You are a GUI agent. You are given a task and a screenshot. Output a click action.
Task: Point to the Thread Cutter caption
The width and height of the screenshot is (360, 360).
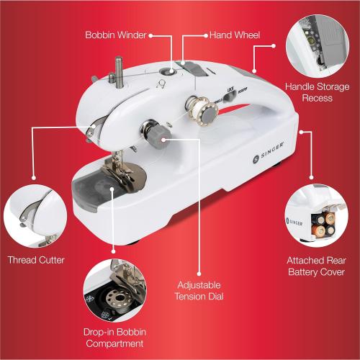pyautogui.click(x=36, y=260)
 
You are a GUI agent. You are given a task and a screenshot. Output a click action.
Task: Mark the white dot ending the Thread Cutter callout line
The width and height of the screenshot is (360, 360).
pyautogui.click(x=89, y=130)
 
